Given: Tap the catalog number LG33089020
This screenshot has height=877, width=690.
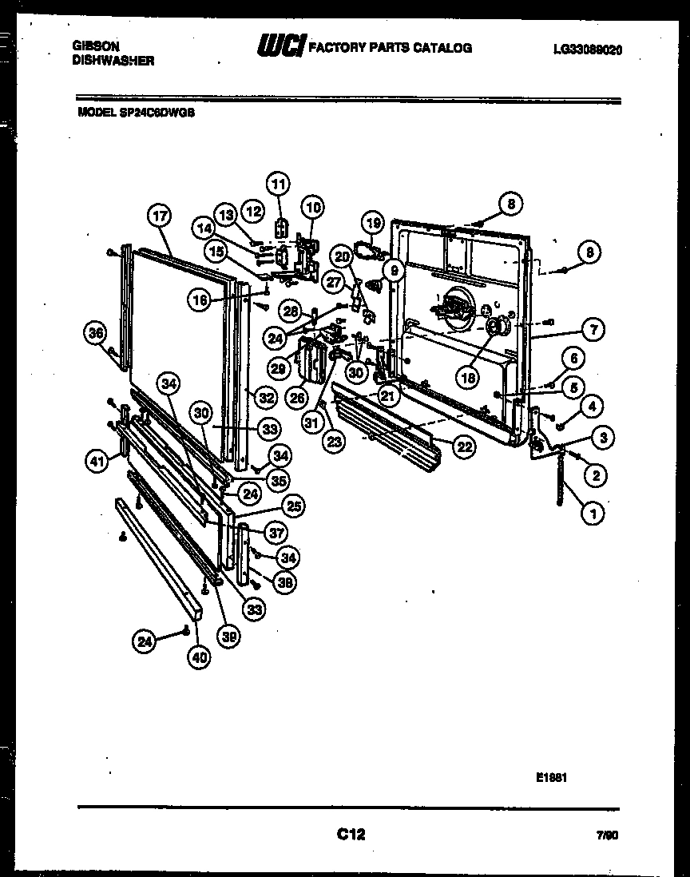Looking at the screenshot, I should (x=587, y=50).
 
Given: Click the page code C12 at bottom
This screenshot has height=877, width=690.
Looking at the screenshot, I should (x=351, y=835).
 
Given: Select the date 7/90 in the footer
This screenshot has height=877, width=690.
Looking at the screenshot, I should (x=607, y=836).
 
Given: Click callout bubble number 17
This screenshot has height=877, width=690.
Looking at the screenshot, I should (x=160, y=215).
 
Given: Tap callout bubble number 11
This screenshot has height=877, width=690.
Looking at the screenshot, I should (x=279, y=183).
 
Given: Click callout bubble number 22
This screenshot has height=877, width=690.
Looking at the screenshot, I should (x=464, y=447).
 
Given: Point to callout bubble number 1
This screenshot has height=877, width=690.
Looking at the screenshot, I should (x=593, y=515).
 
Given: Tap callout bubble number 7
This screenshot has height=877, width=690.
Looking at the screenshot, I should (x=593, y=328).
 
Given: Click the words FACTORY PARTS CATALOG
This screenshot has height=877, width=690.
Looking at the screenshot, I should (x=390, y=48).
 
